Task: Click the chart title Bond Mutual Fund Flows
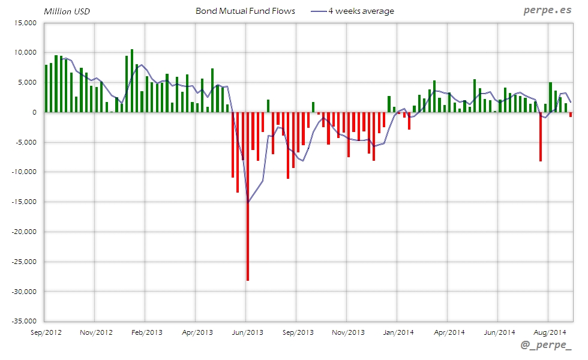(245, 11)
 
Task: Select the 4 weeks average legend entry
(361, 11)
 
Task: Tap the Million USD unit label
(67, 11)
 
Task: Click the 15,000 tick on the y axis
(25, 23)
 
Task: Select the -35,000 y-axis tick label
(23, 322)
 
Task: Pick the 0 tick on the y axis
(34, 112)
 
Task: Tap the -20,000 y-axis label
(23, 232)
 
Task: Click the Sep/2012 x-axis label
(45, 332)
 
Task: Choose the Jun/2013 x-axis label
(247, 332)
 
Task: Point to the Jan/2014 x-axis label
(398, 332)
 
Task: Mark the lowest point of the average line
(248, 202)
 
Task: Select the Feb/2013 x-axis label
(146, 332)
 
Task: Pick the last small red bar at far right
(571, 115)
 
